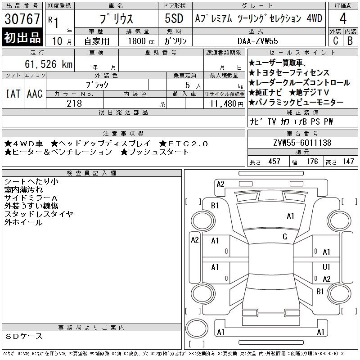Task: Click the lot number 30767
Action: tap(22, 18)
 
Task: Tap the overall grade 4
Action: tap(343, 18)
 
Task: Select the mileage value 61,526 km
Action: tap(49, 64)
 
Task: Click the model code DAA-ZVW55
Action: tap(257, 41)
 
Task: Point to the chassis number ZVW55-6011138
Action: tap(302, 143)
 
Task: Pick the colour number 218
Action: tap(74, 103)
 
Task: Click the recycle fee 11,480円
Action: tap(226, 104)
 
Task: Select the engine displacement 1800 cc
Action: tap(141, 41)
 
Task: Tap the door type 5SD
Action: tap(174, 18)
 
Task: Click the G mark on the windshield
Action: tap(285, 237)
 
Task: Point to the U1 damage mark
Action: tap(326, 267)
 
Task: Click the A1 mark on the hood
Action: tap(290, 216)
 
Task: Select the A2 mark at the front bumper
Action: tap(220, 184)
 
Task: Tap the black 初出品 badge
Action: tap(22, 37)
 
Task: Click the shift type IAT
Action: tap(13, 94)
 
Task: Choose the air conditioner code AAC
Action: tap(35, 94)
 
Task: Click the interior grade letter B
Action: tap(350, 41)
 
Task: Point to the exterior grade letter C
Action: tap(335, 41)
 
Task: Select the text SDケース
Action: tap(24, 336)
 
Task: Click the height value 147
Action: tap(348, 162)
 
